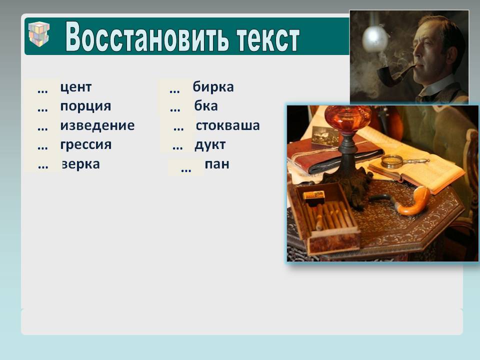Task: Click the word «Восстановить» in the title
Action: (x=147, y=36)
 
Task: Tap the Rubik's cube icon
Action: (x=39, y=33)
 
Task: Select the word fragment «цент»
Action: (x=75, y=87)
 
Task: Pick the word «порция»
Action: (x=85, y=106)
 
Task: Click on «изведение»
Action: (x=97, y=125)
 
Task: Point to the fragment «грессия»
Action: (x=86, y=145)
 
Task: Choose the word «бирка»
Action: (x=213, y=86)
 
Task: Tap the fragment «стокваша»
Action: (x=228, y=125)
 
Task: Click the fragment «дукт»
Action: (x=210, y=145)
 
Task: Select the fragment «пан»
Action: (x=217, y=164)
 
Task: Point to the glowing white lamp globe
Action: (x=375, y=36)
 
